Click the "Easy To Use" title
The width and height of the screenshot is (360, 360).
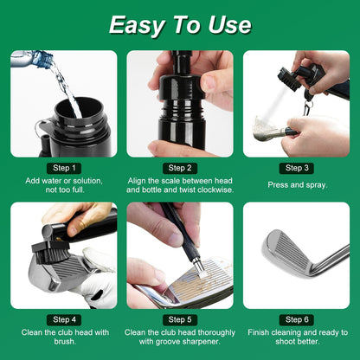click(180, 25)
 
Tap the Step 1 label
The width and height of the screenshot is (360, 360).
click(64, 167)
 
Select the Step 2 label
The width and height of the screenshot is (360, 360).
click(180, 167)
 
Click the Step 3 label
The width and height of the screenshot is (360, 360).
click(296, 167)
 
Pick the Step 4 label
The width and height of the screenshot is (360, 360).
click(64, 319)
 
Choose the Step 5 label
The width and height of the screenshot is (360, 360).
click(180, 319)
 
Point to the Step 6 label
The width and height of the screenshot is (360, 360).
click(296, 319)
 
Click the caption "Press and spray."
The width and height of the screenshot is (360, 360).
click(296, 184)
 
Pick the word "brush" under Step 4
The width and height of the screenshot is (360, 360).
click(64, 342)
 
